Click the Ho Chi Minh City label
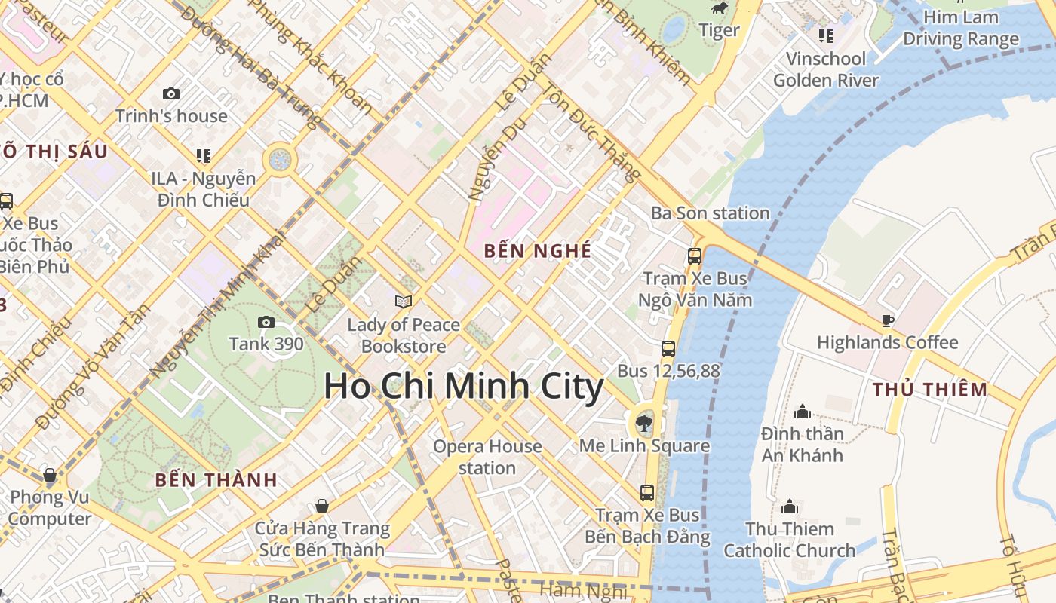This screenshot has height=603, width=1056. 464,387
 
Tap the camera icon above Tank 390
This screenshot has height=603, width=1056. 266,323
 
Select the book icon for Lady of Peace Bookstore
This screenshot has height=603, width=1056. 404,302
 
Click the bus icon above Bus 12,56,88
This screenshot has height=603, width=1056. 668,349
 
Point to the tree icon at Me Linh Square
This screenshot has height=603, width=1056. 643,423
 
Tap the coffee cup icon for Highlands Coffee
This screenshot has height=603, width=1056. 888,321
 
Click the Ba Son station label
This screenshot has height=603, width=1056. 711,213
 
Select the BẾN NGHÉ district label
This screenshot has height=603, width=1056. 538,251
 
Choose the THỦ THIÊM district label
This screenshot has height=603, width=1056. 930,390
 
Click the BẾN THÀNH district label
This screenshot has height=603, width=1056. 216,479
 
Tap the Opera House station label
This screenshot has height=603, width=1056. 487,457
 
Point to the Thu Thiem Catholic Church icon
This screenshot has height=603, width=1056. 790,507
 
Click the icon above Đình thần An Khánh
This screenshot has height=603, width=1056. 803,412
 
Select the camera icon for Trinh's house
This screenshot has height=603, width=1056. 171,94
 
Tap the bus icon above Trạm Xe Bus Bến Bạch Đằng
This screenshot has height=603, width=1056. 646,493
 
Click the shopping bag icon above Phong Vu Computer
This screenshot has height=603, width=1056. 50,476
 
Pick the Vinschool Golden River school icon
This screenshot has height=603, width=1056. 826,35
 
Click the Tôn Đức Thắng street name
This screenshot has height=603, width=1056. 591,133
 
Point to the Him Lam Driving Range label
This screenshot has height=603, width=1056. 961,28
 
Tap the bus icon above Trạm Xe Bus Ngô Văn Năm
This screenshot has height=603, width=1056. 695,256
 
